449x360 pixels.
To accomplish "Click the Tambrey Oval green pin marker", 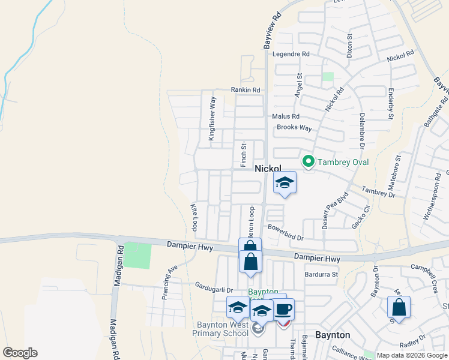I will pos(309,161).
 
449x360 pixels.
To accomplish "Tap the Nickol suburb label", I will pos(268,169).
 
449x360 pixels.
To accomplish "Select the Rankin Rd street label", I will pos(246,90).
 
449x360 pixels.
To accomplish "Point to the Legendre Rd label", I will pos(291,54).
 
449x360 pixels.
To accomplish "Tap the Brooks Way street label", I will pos(294,128).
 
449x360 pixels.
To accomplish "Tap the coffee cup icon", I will pos(283,309).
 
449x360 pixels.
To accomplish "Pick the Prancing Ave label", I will pos(169,274).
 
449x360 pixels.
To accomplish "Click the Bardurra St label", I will pos(322,275).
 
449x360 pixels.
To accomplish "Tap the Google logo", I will pos(20,353).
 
